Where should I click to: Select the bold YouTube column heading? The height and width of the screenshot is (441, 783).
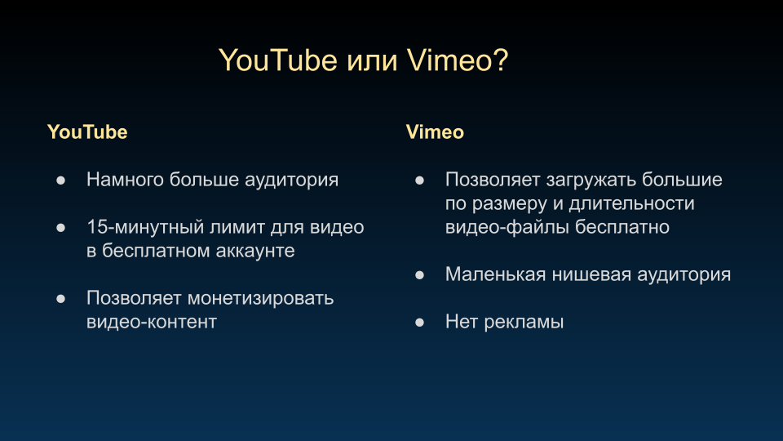click(87, 132)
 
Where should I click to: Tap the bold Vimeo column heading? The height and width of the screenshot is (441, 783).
click(435, 132)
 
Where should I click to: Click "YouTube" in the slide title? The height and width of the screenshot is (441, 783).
click(278, 60)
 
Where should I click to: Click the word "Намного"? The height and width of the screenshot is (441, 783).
click(125, 180)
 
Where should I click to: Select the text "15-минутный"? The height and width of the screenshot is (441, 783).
click(145, 227)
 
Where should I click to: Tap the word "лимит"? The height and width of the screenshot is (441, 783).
click(237, 227)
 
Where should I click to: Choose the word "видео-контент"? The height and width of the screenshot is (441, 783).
click(152, 322)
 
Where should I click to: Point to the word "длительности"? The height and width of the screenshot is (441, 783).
click(631, 203)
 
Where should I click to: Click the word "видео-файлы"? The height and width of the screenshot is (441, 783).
click(507, 227)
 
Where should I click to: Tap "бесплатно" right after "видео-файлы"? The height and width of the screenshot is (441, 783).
click(622, 227)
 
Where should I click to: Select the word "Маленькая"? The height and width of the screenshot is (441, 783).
click(495, 274)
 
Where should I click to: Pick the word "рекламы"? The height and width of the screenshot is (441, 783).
click(524, 322)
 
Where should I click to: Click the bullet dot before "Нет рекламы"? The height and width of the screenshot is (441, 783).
click(419, 323)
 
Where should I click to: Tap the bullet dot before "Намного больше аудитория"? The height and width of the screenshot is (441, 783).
click(61, 180)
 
